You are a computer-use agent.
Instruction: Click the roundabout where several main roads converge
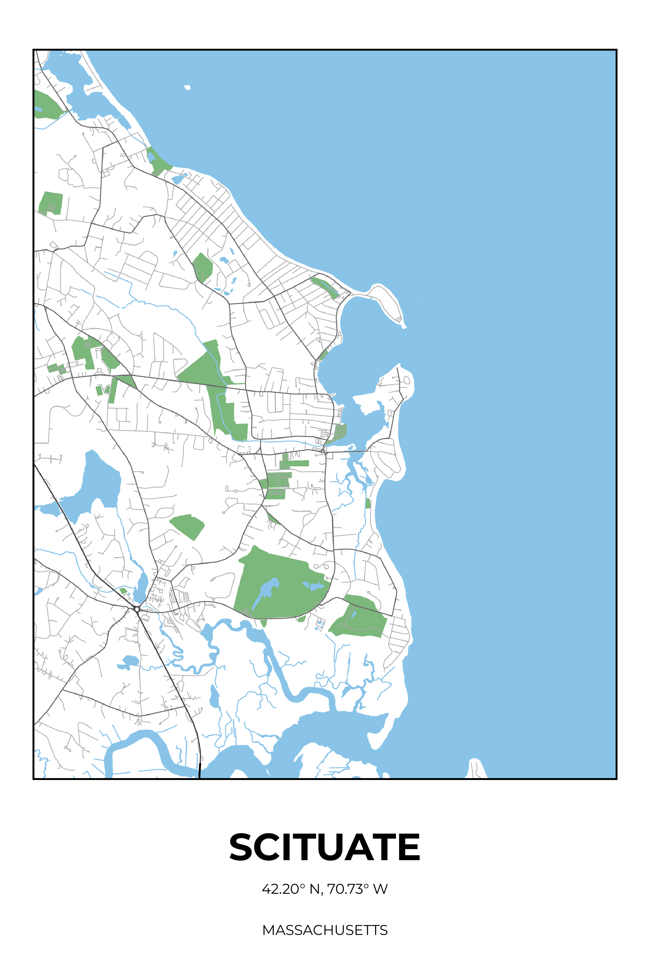point(137,609)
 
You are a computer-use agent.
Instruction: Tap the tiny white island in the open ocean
point(187,87)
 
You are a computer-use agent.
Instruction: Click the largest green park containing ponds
point(282,584)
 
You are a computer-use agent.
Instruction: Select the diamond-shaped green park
point(187,526)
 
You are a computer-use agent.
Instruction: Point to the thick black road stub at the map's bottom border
point(200,772)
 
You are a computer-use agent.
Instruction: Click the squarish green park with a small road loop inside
point(51,203)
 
